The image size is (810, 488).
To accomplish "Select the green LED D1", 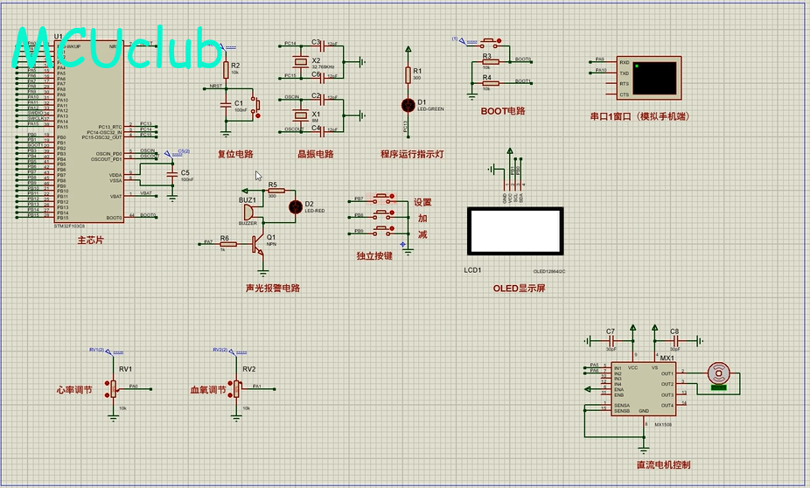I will coord(408,105).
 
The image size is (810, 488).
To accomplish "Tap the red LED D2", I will coord(296,206).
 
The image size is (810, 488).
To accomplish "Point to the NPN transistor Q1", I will coord(259,243).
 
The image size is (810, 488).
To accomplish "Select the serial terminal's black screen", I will coord(655,78).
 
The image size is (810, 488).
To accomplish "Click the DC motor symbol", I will coord(719,374).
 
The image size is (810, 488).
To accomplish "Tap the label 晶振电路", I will coord(315,155).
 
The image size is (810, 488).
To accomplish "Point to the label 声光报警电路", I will coord(272,288).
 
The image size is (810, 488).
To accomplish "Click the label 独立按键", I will coord(374,256).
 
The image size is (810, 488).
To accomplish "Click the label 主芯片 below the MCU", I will coord(90,240).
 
